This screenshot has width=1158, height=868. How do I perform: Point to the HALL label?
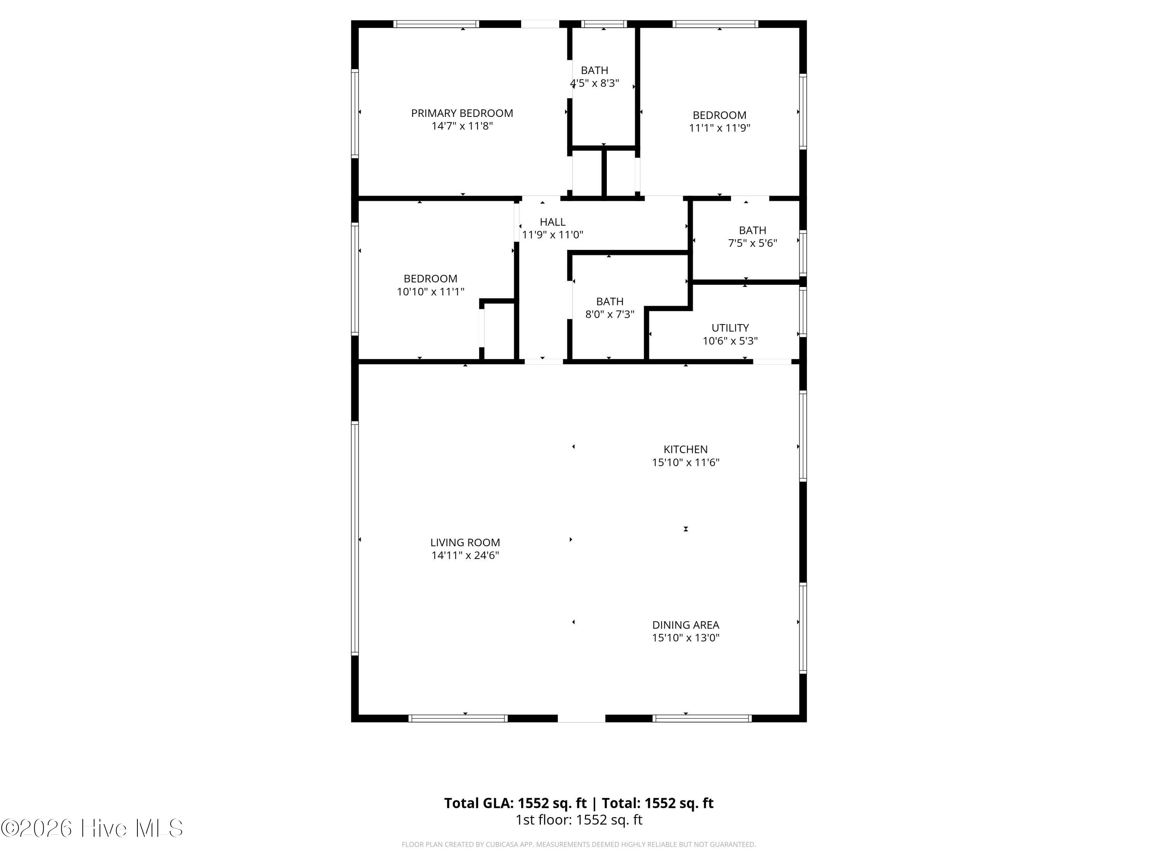(552, 222)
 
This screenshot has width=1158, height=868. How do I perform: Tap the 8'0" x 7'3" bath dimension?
(609, 314)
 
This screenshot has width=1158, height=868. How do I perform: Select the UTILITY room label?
(730, 328)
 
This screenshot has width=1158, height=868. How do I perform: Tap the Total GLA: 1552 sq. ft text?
(515, 803)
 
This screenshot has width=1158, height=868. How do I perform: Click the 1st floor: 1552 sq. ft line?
(579, 820)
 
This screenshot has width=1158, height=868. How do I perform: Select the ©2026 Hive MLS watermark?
(92, 828)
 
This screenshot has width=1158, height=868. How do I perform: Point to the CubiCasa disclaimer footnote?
(579, 844)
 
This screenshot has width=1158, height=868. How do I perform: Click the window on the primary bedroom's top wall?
(436, 24)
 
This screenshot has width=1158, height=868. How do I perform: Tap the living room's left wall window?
(355, 539)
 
